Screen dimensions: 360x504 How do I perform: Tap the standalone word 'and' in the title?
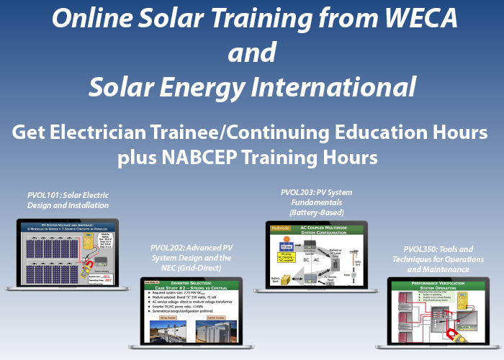(252, 53)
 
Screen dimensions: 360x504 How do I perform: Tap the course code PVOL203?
(297, 192)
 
